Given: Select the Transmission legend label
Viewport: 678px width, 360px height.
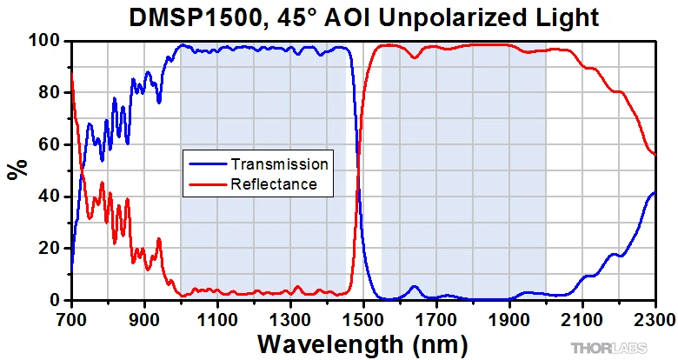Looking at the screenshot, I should pyautogui.click(x=279, y=163).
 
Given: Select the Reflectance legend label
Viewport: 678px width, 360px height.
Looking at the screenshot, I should pyautogui.click(x=274, y=184).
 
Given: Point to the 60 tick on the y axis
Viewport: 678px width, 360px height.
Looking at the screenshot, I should pyautogui.click(x=50, y=145).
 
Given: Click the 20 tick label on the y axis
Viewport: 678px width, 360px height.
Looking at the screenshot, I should pyautogui.click(x=50, y=249).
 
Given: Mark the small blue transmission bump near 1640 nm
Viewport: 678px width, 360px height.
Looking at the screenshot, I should pyautogui.click(x=415, y=286).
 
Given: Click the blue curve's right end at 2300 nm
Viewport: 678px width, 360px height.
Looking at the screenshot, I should pyautogui.click(x=655, y=193).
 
